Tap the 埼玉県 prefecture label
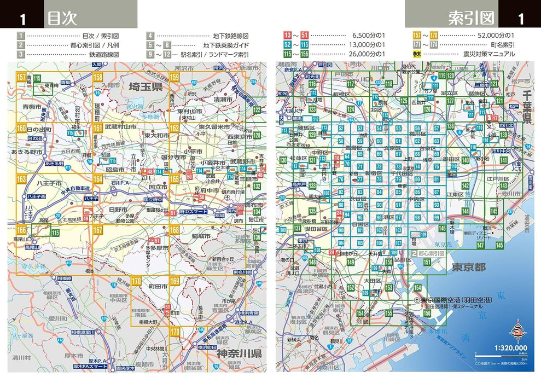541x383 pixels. tap(146, 87)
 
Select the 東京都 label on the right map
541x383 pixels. tap(469, 268)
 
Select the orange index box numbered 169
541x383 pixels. tap(174, 282)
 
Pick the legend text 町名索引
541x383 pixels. tap(502, 44)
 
